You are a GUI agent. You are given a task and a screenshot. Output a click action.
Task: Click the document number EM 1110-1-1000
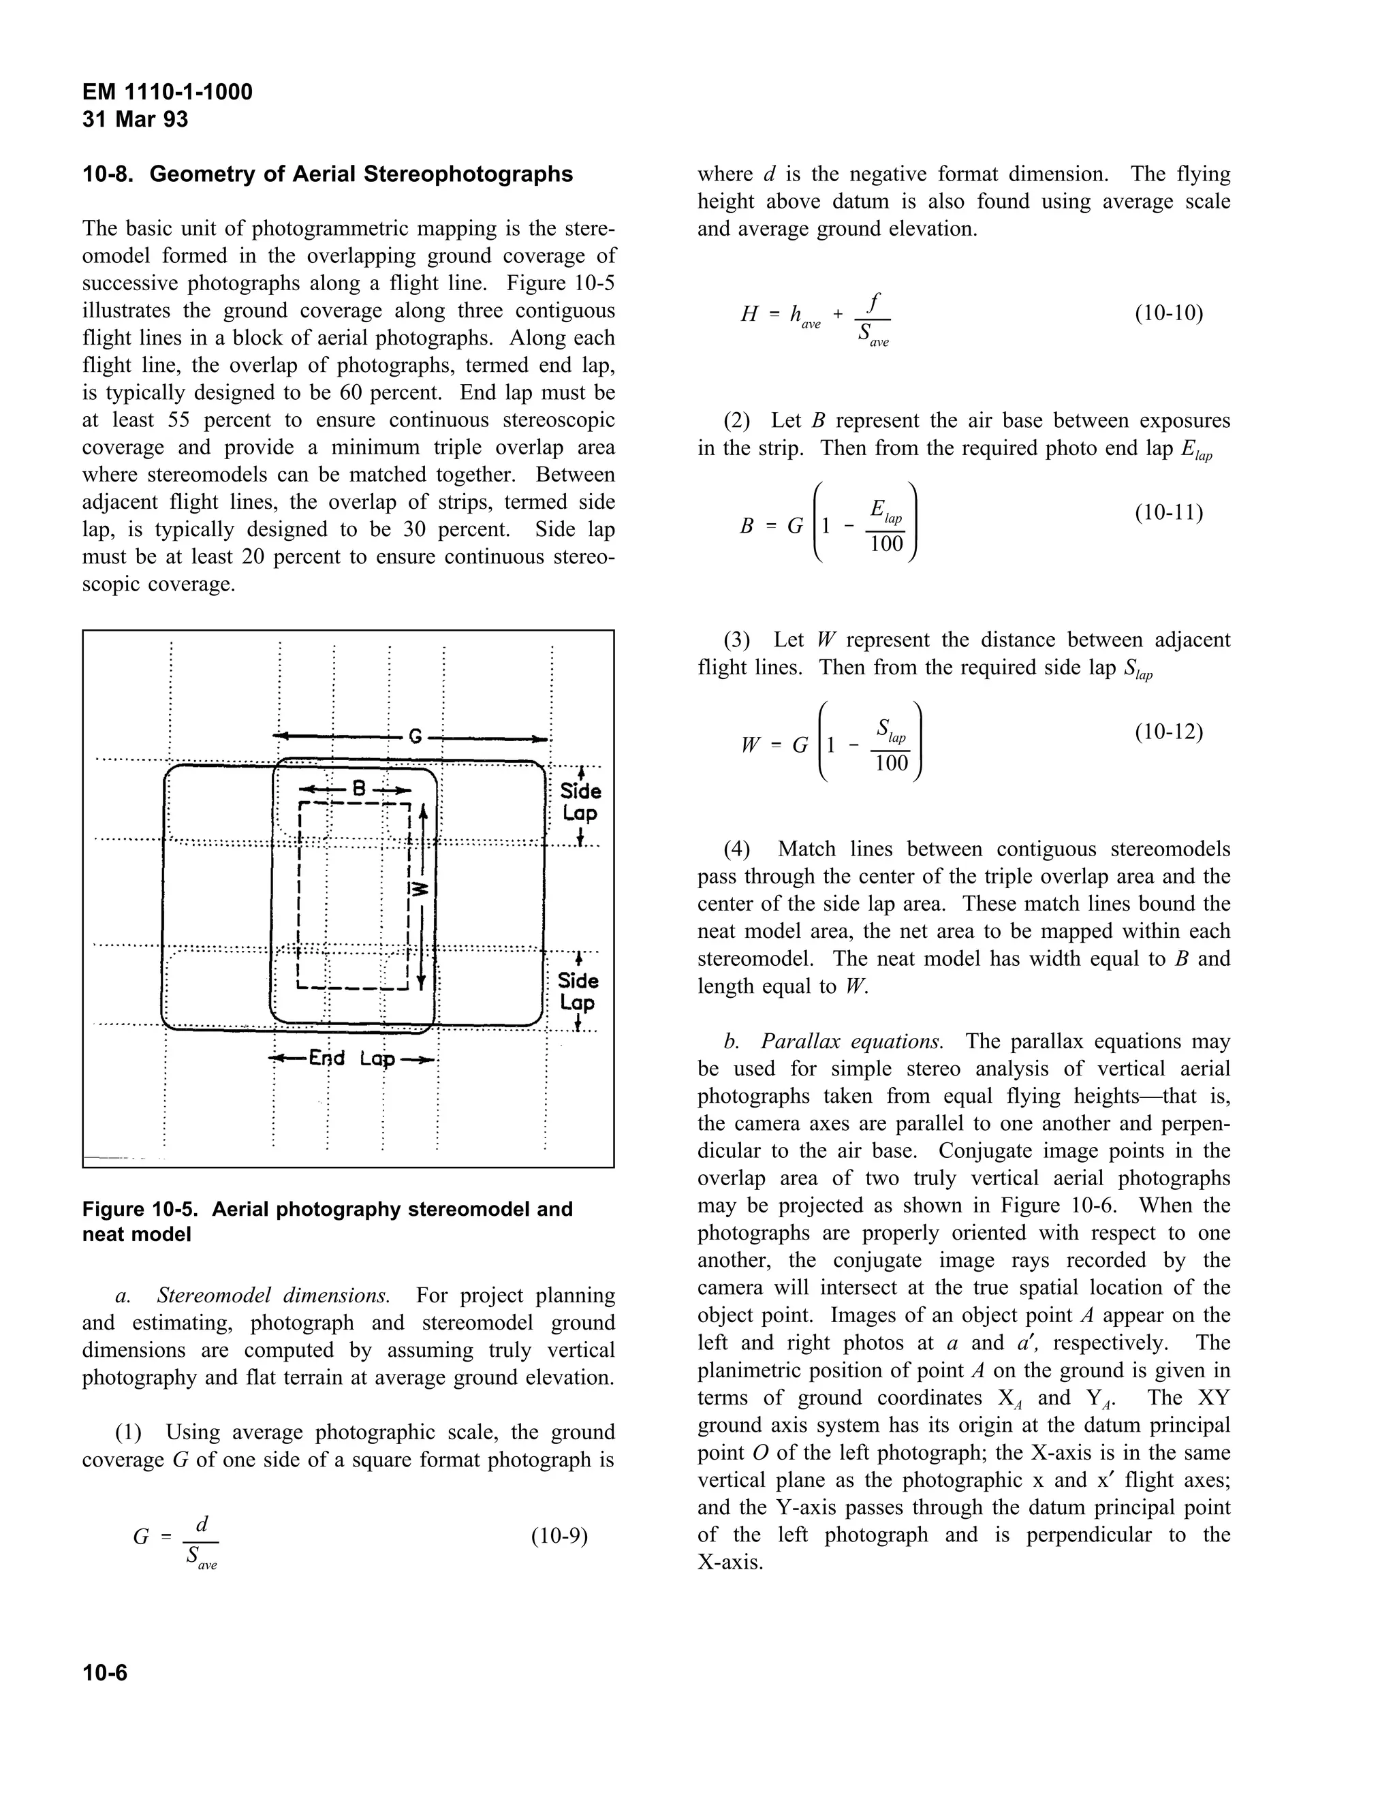(167, 92)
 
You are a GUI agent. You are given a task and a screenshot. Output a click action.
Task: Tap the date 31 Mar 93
(135, 120)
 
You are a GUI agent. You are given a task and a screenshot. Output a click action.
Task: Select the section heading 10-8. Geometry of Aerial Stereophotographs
(327, 174)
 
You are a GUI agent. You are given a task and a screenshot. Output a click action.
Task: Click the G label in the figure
(415, 736)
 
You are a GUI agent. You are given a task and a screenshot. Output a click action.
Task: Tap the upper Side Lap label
(580, 802)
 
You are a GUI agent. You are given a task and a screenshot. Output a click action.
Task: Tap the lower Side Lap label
(578, 991)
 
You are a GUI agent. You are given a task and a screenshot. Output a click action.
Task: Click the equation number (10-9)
(559, 1537)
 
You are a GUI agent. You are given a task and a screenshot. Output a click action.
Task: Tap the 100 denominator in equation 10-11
(887, 544)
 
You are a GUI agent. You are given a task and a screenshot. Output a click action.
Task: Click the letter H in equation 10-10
(749, 314)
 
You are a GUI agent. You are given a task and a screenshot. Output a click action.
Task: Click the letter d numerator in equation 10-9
(201, 1522)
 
